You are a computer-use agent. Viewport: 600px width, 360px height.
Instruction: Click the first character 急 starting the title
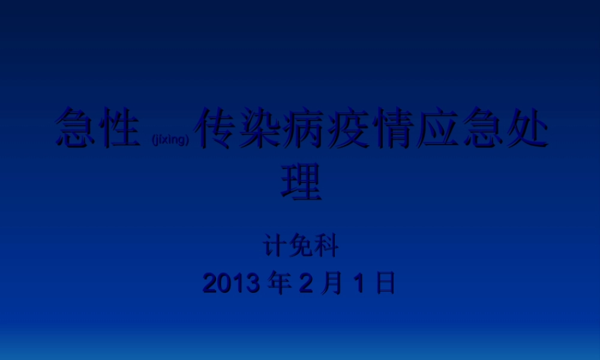[x=76, y=128]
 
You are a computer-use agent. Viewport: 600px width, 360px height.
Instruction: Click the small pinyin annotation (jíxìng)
[x=171, y=140]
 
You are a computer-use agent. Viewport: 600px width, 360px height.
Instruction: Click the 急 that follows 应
[x=483, y=128]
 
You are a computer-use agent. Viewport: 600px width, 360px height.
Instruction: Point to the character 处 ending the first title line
[x=527, y=128]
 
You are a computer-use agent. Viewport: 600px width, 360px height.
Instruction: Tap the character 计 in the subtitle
[x=275, y=247]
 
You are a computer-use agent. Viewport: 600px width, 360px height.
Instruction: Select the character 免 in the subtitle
[x=301, y=247]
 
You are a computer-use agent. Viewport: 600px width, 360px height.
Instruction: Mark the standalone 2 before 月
[x=305, y=283]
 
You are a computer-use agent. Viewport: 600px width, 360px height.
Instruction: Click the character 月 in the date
[x=331, y=283]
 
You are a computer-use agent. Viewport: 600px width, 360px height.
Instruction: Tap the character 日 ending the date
[x=385, y=283]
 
